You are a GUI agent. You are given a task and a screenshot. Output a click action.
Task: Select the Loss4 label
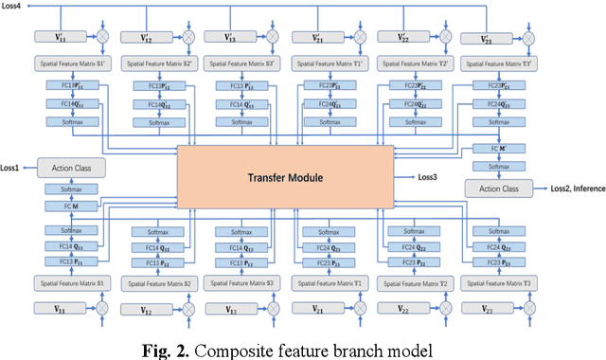click(x=13, y=7)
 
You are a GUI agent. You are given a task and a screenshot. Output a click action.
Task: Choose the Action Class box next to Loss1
click(x=69, y=169)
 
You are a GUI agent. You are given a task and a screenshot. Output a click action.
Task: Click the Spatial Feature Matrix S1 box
click(x=73, y=283)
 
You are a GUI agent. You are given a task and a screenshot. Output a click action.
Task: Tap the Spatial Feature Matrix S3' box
click(x=241, y=63)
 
